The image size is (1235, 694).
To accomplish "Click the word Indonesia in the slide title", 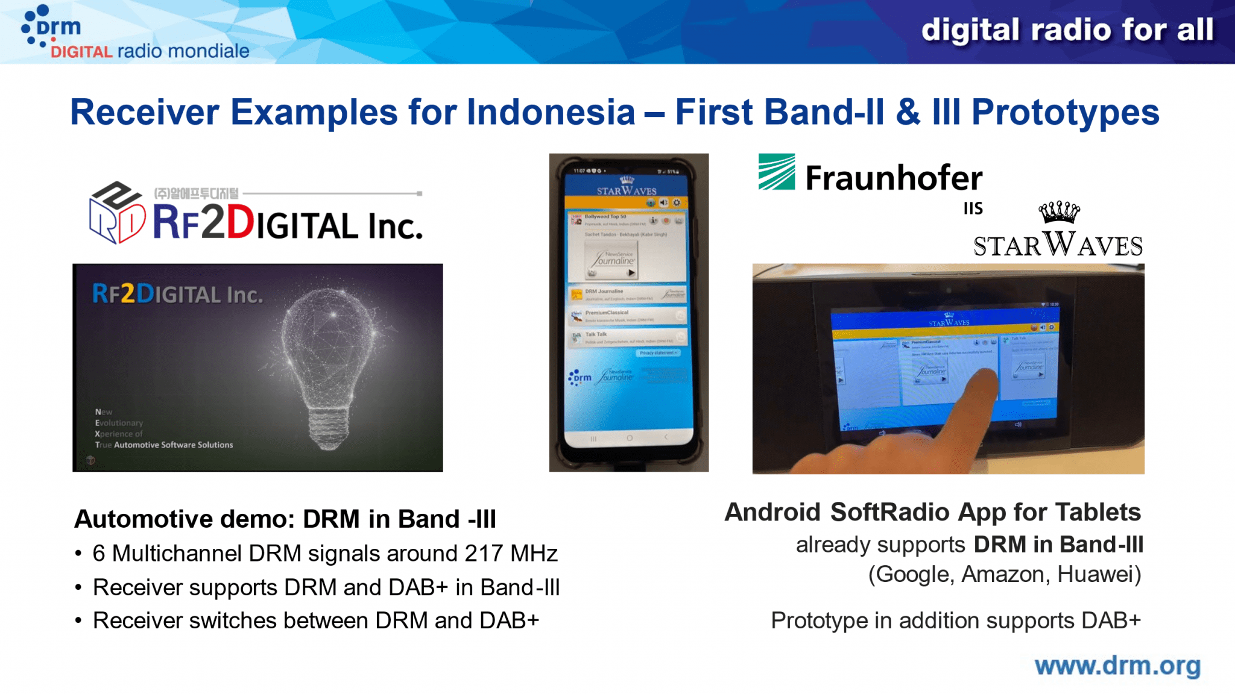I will pos(551,113).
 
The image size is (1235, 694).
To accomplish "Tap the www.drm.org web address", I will pos(1117,666).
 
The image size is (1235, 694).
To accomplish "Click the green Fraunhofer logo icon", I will pos(777,172).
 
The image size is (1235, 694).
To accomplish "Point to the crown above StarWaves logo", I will pos(1059,212).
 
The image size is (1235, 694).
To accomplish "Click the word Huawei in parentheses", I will pos(1099,574).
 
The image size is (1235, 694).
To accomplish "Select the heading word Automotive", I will pos(144,519).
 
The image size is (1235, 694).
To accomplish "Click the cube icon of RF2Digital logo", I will pos(116,213).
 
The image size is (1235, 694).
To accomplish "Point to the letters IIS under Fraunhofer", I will pos(973,209).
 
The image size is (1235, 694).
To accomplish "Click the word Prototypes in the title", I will pos(1065,113).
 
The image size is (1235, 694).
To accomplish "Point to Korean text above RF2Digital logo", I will pos(197,193).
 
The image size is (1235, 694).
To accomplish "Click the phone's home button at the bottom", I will pos(629,438).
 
